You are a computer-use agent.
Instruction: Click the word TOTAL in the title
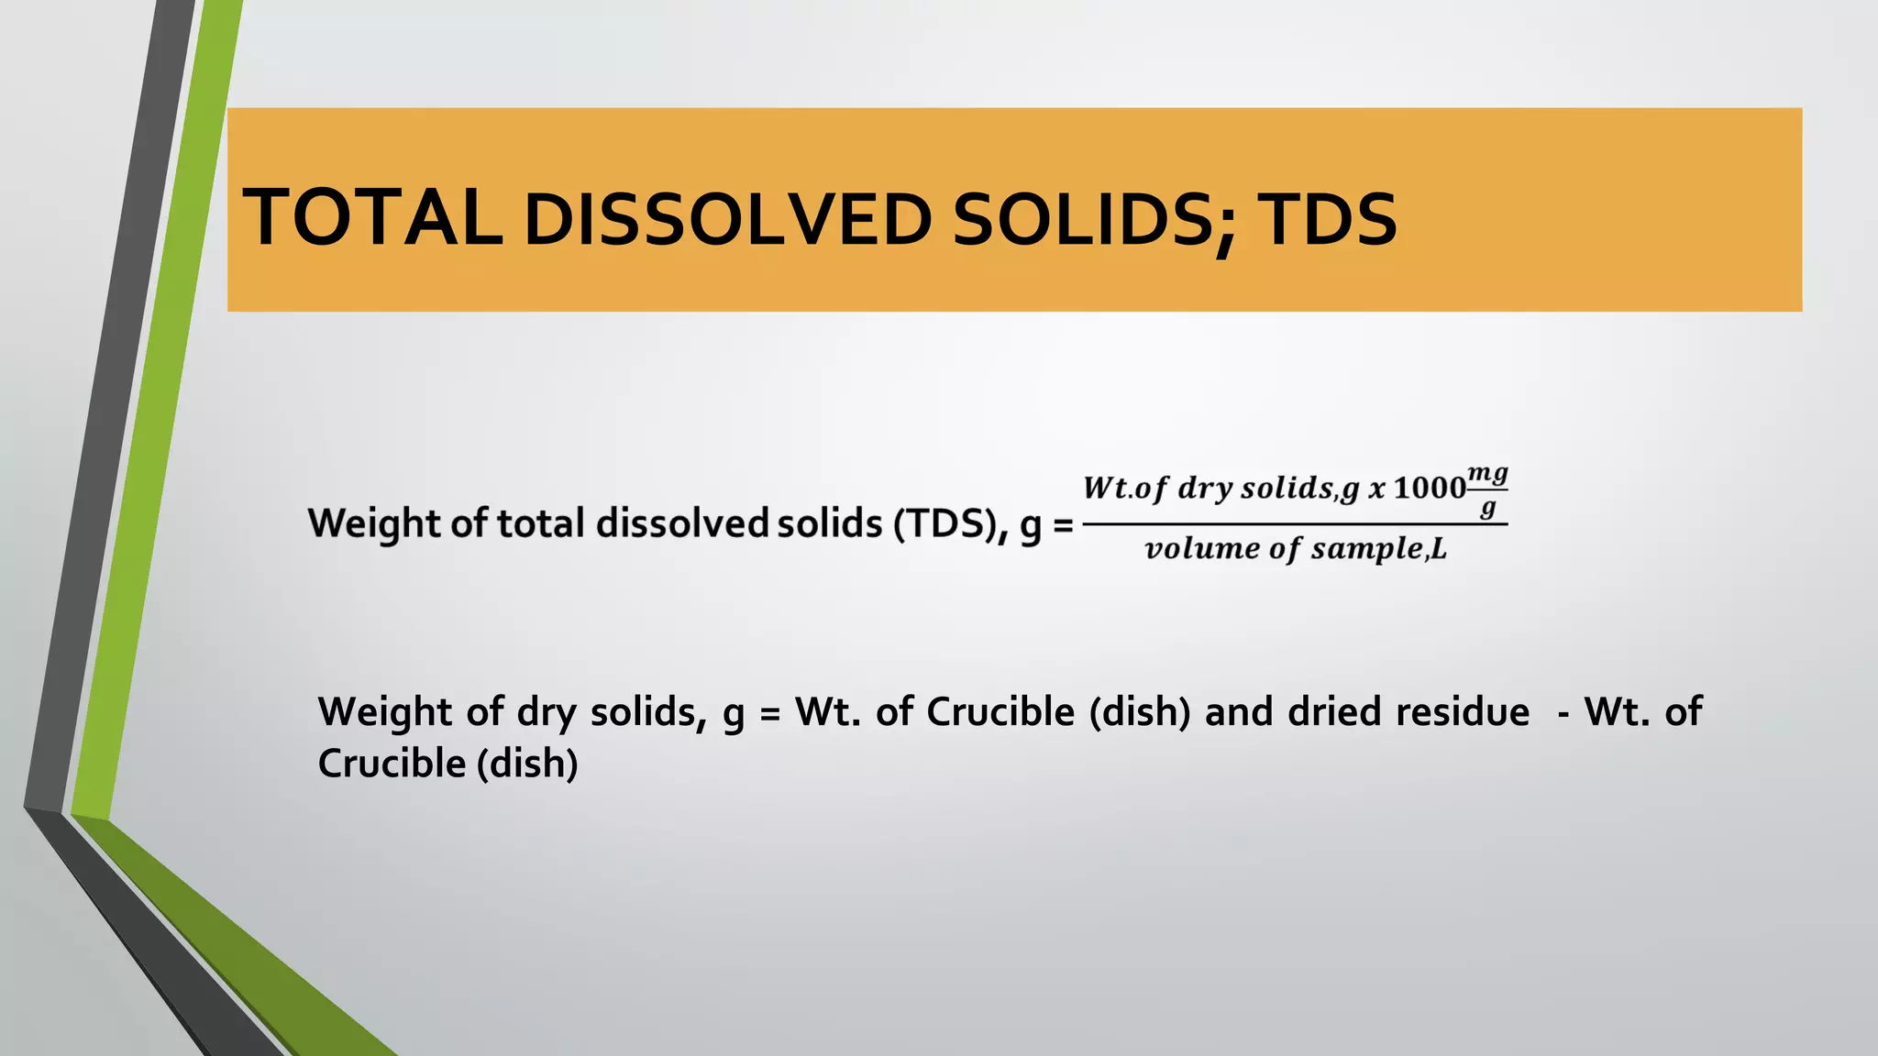click(371, 217)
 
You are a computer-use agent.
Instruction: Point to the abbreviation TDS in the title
click(1327, 220)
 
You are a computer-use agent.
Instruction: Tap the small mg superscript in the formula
click(1487, 474)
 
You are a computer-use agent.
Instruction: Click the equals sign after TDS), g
click(1063, 525)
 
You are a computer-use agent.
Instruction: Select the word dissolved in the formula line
click(682, 523)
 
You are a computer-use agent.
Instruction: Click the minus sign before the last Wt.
click(1563, 713)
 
